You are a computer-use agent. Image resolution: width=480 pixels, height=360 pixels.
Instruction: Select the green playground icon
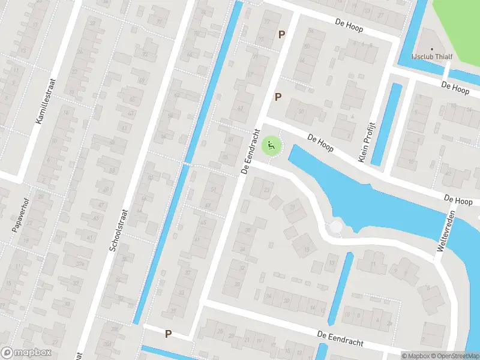pos(271,145)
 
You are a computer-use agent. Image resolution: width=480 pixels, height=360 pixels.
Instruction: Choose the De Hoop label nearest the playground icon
pos(319,142)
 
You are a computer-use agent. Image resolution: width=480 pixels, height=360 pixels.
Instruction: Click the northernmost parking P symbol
pos(281,35)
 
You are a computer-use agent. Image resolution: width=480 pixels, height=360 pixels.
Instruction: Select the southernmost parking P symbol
pos(169,334)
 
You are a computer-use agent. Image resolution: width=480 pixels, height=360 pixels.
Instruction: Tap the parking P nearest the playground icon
pos(278,97)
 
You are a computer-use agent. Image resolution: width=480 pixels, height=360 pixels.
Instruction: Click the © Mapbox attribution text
pos(416,356)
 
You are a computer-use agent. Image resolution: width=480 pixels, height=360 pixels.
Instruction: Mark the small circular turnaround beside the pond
pos(336,227)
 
